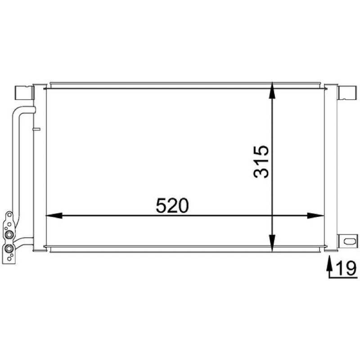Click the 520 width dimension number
172,206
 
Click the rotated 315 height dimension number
261,162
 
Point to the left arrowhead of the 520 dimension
54,216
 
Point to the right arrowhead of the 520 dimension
315,216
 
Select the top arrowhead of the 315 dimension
272,91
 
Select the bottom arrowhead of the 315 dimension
272,243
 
